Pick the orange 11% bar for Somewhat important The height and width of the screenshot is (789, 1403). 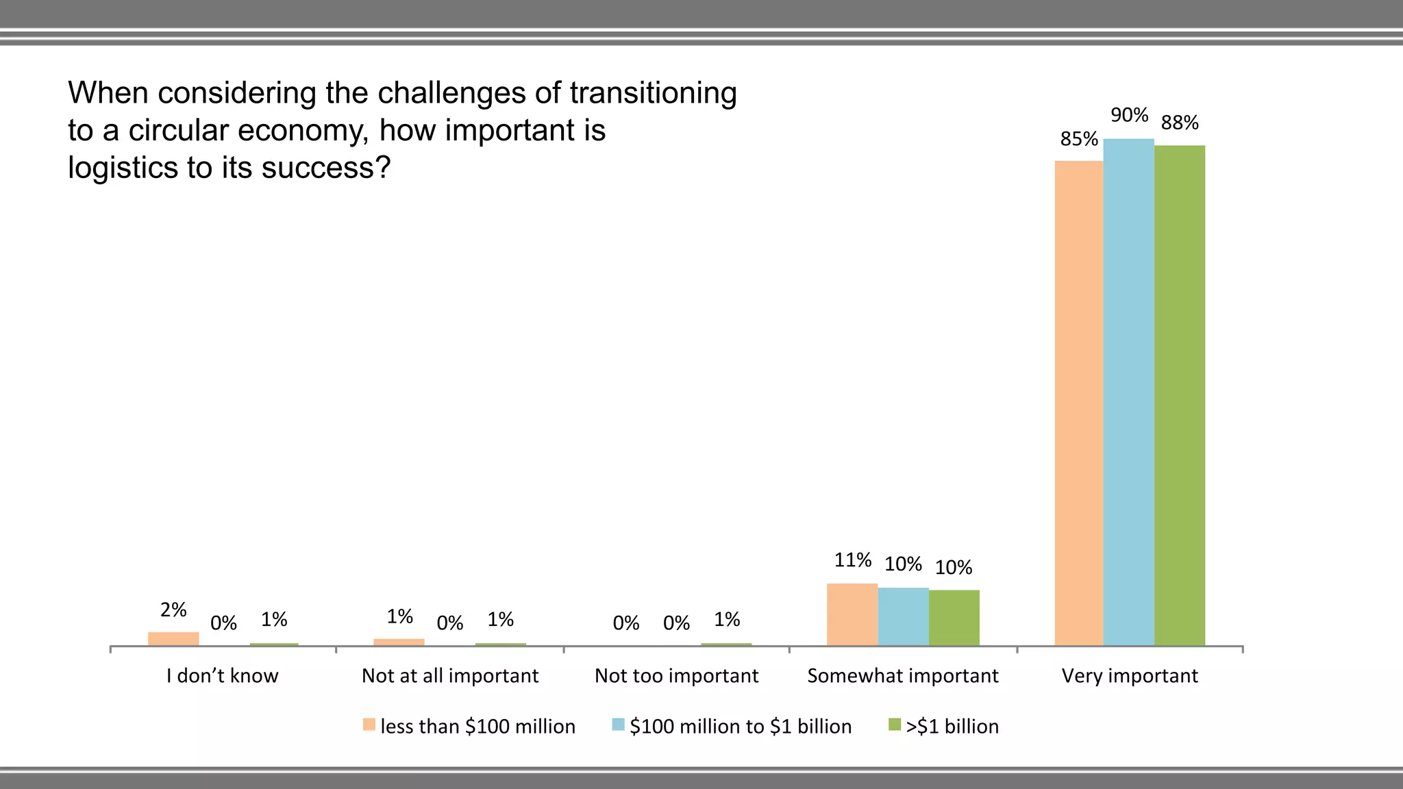(852, 614)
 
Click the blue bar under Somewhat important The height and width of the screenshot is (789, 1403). (903, 616)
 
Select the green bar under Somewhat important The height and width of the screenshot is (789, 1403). (954, 618)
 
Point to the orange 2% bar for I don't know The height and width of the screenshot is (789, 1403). (173, 638)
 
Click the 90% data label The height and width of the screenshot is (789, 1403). (1129, 115)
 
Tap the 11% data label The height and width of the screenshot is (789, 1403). (852, 560)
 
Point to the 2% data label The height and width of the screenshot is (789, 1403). (173, 610)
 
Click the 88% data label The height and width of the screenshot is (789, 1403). (1180, 123)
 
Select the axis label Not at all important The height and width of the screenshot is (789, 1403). (450, 676)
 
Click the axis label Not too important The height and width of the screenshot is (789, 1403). (676, 676)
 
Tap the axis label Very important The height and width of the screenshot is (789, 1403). (1130, 676)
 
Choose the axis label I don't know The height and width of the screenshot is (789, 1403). (222, 676)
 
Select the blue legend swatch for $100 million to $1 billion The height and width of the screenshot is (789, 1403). (618, 725)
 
